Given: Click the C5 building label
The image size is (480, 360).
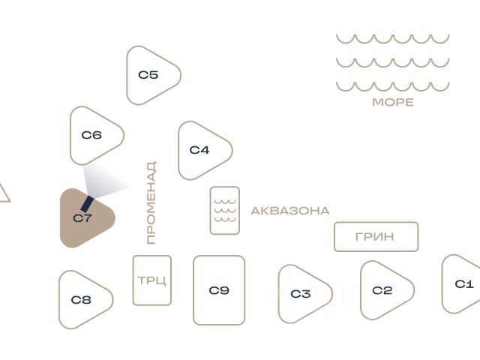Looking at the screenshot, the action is (148, 75).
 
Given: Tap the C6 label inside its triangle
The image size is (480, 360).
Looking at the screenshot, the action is (91, 135).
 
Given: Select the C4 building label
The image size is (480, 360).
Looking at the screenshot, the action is (199, 150).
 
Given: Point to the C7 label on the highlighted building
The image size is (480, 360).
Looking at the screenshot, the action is (82, 218).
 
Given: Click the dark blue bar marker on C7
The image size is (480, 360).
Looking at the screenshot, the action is (87, 204).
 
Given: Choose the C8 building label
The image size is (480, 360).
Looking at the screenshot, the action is (81, 300).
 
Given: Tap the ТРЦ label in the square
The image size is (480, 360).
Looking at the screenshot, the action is (152, 280).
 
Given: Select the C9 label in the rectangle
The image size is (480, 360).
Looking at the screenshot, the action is (219, 290).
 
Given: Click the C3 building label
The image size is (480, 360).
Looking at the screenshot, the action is (301, 294).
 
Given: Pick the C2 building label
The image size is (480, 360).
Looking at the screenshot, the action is (382, 290).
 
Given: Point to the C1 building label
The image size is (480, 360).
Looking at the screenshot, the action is (464, 284).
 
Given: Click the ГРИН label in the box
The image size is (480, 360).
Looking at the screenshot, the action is (375, 237).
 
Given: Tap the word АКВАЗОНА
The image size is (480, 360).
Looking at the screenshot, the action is (290, 211).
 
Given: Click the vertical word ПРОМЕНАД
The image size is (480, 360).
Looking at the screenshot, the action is (151, 202).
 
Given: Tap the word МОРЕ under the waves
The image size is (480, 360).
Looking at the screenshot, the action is (393, 102).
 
